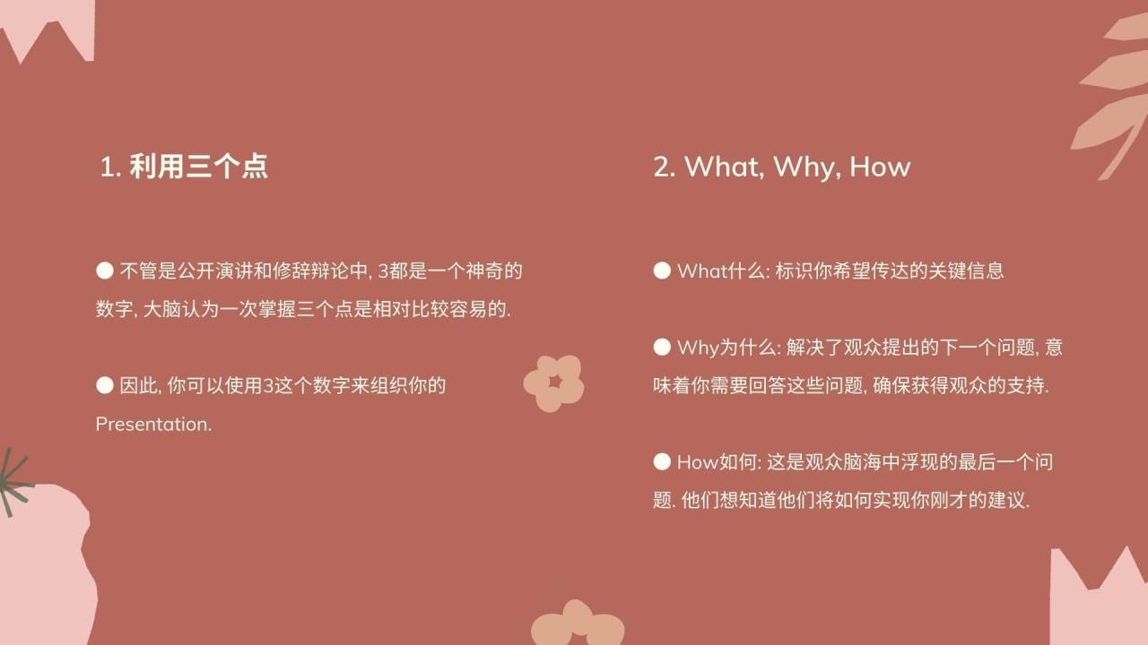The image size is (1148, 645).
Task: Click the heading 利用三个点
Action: point(198,167)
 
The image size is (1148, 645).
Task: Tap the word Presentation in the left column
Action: point(152,425)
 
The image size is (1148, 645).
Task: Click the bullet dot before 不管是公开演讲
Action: point(105,270)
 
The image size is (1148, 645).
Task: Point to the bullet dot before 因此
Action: point(105,386)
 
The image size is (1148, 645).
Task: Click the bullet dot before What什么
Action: point(662,271)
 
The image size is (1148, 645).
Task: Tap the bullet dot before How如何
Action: point(662,462)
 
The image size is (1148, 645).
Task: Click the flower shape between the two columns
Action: point(554,383)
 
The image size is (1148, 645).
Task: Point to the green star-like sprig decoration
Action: point(13,483)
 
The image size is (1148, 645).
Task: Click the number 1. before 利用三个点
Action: point(110,168)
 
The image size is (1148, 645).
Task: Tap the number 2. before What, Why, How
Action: point(665,168)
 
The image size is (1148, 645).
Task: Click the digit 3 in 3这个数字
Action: point(268,387)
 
